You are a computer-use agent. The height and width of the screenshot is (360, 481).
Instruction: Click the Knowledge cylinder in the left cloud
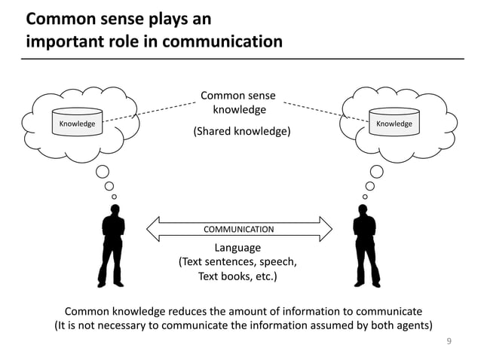pyautogui.click(x=78, y=123)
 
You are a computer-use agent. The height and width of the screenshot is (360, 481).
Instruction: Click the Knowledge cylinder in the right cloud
pyautogui.click(x=394, y=123)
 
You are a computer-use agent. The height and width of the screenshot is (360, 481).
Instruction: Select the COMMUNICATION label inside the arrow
pyautogui.click(x=239, y=228)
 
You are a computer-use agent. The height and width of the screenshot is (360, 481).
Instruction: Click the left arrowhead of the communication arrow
pyautogui.click(x=151, y=228)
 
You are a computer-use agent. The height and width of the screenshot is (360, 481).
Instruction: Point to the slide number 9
pyautogui.click(x=449, y=341)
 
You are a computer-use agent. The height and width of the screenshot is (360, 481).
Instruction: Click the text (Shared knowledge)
pyautogui.click(x=242, y=132)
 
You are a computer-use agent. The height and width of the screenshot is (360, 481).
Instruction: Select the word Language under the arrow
pyautogui.click(x=237, y=248)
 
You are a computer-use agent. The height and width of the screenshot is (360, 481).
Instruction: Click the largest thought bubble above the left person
pyautogui.click(x=104, y=170)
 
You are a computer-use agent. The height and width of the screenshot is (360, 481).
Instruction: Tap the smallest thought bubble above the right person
pyautogui.click(x=365, y=197)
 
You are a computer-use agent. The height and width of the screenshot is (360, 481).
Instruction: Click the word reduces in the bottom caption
pyautogui.click(x=206, y=311)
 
